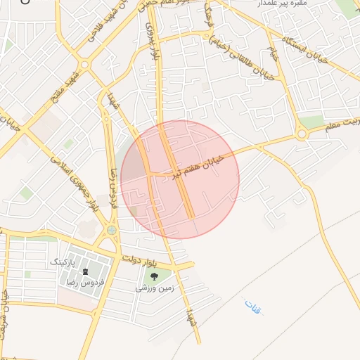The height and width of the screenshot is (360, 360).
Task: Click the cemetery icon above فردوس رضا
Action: coord(85,271)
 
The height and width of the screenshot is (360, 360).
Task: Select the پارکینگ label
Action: coord(63,260)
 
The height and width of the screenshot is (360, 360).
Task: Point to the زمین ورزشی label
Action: coord(154,288)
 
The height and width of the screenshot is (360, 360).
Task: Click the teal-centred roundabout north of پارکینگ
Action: coord(111,230)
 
